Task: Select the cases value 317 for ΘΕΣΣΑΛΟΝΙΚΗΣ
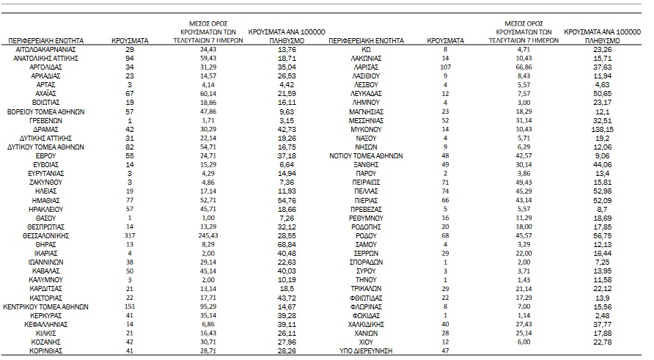(130, 238)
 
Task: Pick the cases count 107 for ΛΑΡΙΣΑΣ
(444, 66)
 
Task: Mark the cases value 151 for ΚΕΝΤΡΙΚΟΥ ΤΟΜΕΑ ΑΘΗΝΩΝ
(130, 306)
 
